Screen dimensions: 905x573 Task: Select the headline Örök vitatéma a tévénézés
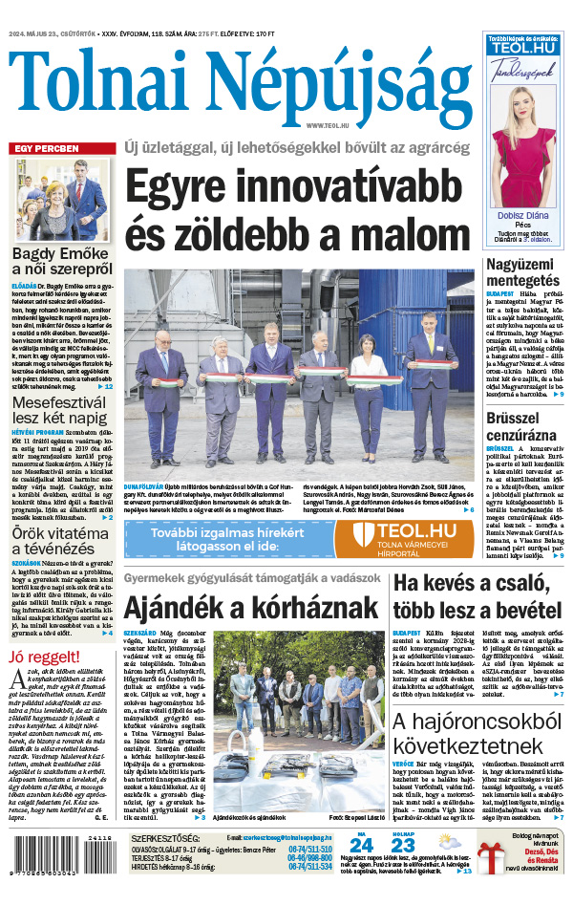coord(62,542)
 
